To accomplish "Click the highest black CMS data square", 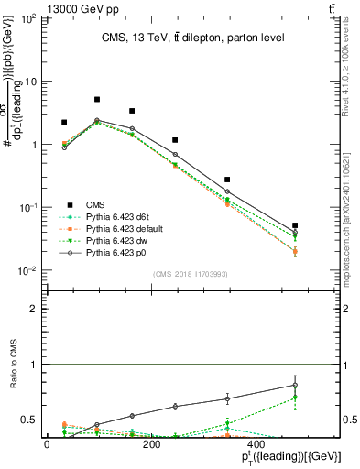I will point(97,99).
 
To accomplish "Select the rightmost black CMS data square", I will point(295,225).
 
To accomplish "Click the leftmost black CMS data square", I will point(64,122).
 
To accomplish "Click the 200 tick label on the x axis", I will point(152,444).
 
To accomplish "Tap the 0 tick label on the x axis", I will point(47,444).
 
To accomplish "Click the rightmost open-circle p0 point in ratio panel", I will point(295,385).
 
